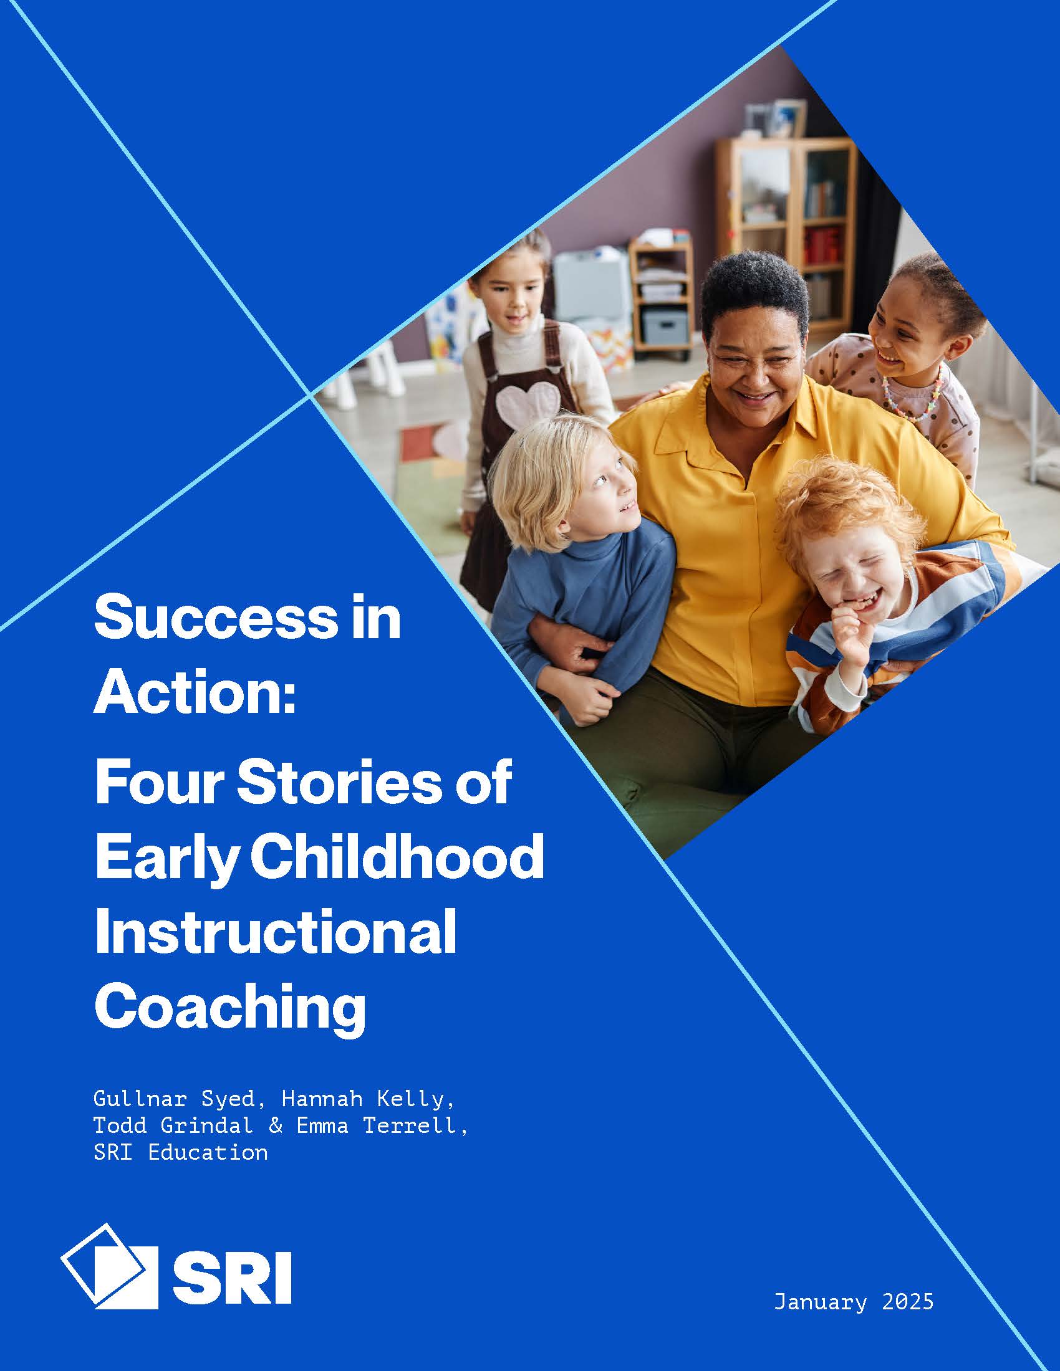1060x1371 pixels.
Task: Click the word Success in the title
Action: click(x=214, y=618)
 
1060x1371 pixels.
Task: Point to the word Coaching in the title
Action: click(x=230, y=1008)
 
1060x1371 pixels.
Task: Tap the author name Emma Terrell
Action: click(x=381, y=1125)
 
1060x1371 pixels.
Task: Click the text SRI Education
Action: click(x=180, y=1152)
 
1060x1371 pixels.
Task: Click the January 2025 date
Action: click(x=854, y=1302)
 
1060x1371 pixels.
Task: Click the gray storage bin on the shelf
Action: click(x=666, y=327)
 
